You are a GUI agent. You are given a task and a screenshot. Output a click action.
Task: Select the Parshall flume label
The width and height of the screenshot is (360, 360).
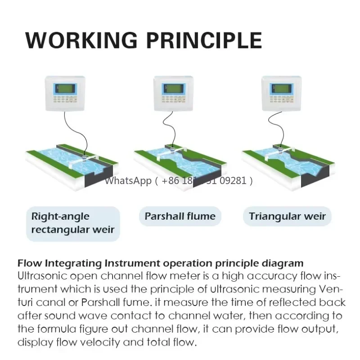click(x=180, y=216)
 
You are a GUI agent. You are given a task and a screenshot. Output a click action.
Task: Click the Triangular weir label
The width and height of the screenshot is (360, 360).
click(x=288, y=216)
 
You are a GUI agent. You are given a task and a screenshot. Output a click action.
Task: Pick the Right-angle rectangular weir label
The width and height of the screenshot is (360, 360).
click(x=73, y=223)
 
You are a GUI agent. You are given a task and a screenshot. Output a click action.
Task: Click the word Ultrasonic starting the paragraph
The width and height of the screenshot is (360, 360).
click(x=42, y=275)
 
